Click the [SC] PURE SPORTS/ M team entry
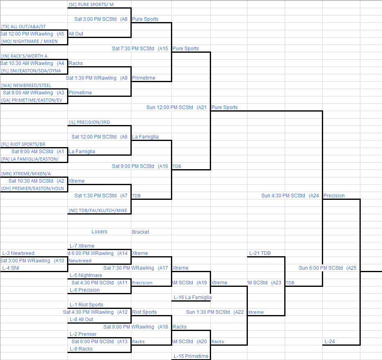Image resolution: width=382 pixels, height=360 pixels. [x=91, y=4]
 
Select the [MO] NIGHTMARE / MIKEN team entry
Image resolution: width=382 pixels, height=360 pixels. [x=29, y=41]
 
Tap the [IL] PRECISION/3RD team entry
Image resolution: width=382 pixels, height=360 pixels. [x=89, y=122]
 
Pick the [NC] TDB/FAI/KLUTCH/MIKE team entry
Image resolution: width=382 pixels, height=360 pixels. [x=98, y=210]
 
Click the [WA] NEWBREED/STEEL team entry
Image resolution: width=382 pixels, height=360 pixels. [x=26, y=85]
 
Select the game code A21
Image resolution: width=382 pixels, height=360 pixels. [x=202, y=107]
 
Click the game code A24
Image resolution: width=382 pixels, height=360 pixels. [x=314, y=196]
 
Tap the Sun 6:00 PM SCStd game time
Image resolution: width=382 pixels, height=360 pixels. [x=321, y=268]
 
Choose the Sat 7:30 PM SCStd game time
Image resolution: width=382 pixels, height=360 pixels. [x=133, y=49]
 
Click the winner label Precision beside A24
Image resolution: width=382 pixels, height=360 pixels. [x=334, y=196]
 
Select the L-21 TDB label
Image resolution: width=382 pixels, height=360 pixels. [x=260, y=253]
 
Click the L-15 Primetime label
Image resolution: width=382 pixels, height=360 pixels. [x=191, y=356]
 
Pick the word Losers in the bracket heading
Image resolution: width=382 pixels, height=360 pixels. [x=99, y=232]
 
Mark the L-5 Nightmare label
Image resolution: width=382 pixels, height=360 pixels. [x=85, y=275]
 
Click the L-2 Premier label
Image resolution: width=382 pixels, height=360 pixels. [x=83, y=334]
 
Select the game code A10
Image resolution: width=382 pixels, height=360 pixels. [x=60, y=261]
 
